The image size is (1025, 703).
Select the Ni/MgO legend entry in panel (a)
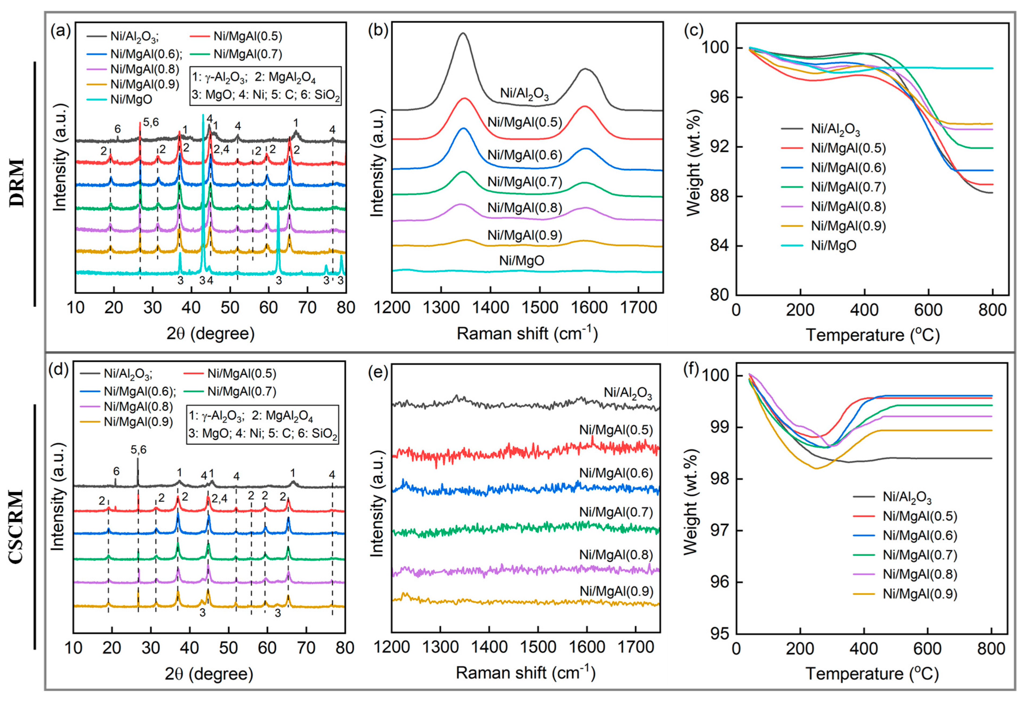coord(131,99)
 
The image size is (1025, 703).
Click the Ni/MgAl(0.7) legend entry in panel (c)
coord(848,187)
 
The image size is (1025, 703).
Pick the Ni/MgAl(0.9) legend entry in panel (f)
coord(920,594)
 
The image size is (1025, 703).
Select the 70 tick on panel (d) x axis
coord(306,648)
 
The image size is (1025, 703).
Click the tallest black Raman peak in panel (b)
coord(463,34)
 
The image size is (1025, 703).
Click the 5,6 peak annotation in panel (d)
coord(138,450)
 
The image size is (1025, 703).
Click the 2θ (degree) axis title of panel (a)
coord(210,333)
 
